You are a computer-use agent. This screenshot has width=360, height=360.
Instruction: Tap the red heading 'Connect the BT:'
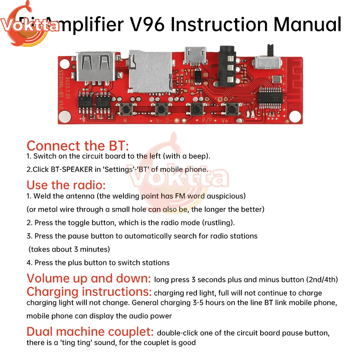(x=77, y=146)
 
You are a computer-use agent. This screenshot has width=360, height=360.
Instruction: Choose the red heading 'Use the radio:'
(x=66, y=185)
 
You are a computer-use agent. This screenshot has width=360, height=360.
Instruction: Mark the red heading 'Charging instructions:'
(x=89, y=291)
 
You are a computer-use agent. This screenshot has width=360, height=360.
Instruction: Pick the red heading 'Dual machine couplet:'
(x=90, y=331)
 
